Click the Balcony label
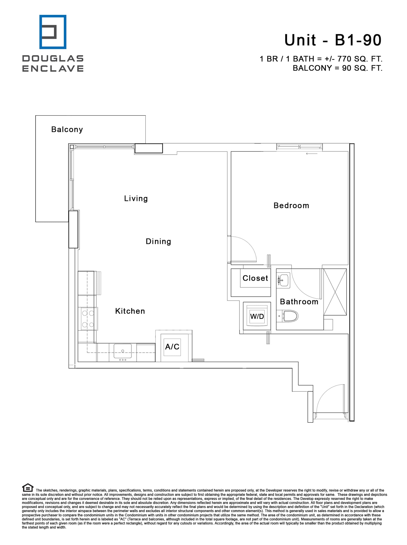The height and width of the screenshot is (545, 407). pos(67,129)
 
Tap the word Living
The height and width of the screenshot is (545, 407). pos(136,199)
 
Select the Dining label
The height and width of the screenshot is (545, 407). pos(158,241)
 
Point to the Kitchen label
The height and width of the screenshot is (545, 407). pos(130,311)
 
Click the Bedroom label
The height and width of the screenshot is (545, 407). pos(291,206)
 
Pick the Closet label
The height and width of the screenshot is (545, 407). pos(255,278)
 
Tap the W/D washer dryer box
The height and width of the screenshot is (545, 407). pos(257,316)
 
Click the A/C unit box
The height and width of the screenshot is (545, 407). pos(172,347)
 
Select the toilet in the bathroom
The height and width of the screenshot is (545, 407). pos(290,316)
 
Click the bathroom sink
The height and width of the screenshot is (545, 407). pos(284,280)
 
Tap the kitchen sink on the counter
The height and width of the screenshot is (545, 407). pos(123,351)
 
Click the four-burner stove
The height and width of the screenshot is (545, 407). pos(88,319)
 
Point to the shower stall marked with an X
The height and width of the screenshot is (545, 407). pos(335,292)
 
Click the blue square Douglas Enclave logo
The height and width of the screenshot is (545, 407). pos(53,32)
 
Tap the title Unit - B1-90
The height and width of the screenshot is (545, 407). pos(333,40)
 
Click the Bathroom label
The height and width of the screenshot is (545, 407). pos(299,302)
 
